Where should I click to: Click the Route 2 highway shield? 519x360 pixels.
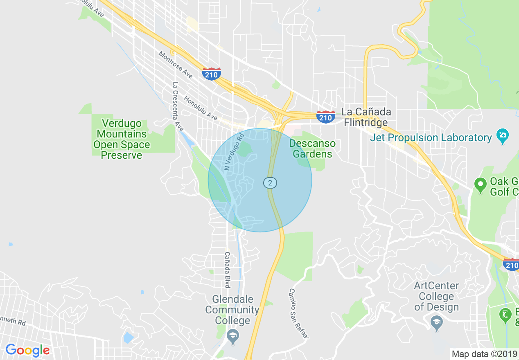pyautogui.click(x=270, y=182)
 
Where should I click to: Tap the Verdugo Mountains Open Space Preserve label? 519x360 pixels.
pyautogui.click(x=122, y=139)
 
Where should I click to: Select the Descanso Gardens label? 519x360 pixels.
pyautogui.click(x=313, y=149)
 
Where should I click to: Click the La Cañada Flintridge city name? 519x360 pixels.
pyautogui.click(x=366, y=117)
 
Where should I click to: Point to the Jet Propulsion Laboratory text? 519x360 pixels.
pyautogui.click(x=431, y=138)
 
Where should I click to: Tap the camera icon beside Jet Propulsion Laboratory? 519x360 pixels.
pyautogui.click(x=503, y=135)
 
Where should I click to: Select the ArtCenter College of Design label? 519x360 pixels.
pyautogui.click(x=436, y=297)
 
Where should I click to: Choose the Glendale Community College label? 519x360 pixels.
pyautogui.click(x=232, y=310)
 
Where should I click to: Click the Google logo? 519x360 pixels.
pyautogui.click(x=27, y=351)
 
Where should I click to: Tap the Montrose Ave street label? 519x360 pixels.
pyautogui.click(x=176, y=65)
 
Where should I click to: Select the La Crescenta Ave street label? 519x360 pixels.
pyautogui.click(x=178, y=106)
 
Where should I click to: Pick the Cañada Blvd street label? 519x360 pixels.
pyautogui.click(x=227, y=270)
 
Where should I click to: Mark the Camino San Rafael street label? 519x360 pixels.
pyautogui.click(x=298, y=313)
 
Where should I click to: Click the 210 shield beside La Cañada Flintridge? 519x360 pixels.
pyautogui.click(x=325, y=117)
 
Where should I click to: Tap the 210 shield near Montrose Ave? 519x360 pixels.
pyautogui.click(x=211, y=74)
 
